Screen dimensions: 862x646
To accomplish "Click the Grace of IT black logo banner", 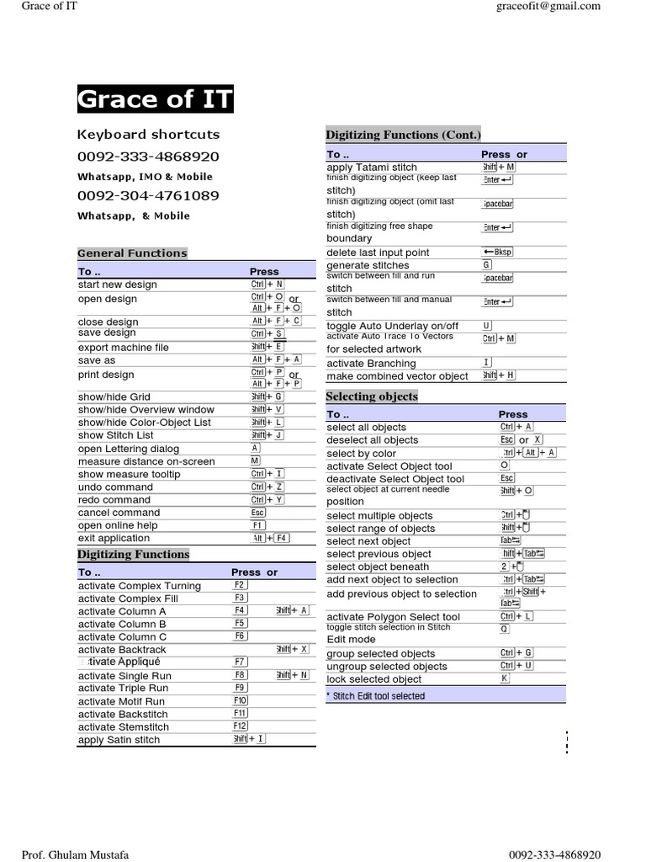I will tap(155, 99).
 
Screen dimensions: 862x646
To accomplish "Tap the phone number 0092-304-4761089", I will tap(148, 195).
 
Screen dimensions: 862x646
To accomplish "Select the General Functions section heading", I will tap(132, 253).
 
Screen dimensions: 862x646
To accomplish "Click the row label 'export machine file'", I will tap(123, 347).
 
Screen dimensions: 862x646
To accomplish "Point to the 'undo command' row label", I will tap(115, 487).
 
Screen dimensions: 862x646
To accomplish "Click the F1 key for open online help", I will tap(257, 525).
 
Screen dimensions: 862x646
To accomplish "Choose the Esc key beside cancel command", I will tap(257, 513).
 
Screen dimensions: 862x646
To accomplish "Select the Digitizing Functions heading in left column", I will tap(133, 554).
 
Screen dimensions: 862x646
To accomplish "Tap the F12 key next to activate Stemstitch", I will tap(240, 726).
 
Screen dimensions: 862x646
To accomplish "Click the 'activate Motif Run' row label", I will tap(121, 701).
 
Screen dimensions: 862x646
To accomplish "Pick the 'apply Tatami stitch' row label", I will tap(371, 168).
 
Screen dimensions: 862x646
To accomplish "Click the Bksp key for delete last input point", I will tap(496, 252).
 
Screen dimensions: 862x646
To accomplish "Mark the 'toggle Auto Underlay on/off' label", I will tap(392, 326).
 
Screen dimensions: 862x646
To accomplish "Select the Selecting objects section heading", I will tap(371, 396).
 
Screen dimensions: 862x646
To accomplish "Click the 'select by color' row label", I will tap(361, 453).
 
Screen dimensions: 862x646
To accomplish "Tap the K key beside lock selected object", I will tap(504, 678).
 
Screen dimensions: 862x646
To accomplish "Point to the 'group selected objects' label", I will tap(380, 653).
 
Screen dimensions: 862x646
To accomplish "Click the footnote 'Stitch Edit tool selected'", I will tap(379, 696).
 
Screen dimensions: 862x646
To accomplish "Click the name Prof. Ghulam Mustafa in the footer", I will tap(75, 854).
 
